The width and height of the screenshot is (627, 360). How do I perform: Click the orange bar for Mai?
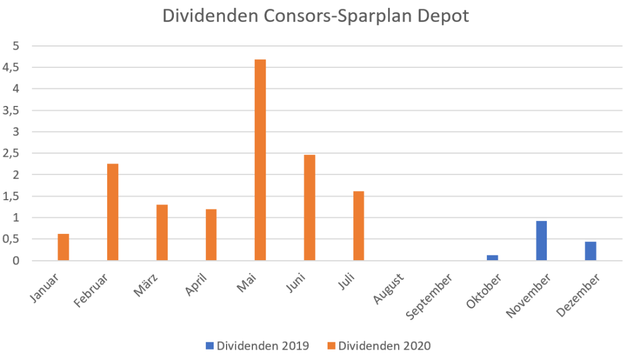[260, 160]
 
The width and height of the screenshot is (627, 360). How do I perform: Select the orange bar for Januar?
[64, 247]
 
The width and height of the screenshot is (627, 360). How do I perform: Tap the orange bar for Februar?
[113, 212]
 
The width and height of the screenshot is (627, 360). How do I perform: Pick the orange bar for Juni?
[309, 208]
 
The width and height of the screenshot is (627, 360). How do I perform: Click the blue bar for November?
[541, 241]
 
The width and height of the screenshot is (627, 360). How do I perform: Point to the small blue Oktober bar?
[492, 258]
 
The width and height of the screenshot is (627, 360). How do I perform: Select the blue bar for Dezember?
[590, 251]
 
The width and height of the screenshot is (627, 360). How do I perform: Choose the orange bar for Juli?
[358, 226]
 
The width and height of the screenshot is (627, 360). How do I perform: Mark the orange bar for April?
[211, 234]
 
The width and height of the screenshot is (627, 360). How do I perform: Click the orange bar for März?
[162, 233]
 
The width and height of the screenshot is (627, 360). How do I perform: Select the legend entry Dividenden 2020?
[379, 346]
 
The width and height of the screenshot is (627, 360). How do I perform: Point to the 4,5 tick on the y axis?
[12, 67]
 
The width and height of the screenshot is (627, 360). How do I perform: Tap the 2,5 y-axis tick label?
[12, 153]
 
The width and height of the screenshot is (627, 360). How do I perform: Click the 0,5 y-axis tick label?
[12, 239]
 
